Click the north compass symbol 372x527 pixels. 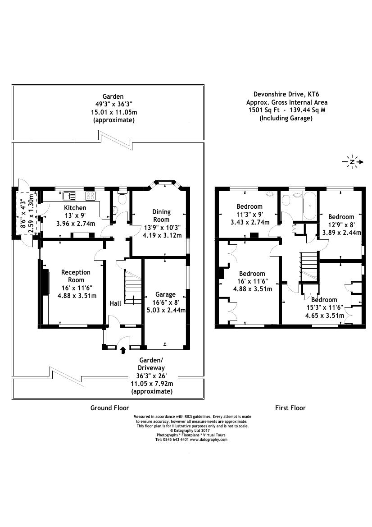point(352,162)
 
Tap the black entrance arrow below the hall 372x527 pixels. point(123,349)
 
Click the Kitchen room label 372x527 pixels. point(75,208)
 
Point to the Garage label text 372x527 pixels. point(165,294)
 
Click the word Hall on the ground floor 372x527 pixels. point(115,304)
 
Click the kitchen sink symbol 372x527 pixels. point(70,196)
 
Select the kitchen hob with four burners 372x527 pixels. point(90,196)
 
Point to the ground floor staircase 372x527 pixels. point(132,288)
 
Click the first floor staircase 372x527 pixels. point(309,266)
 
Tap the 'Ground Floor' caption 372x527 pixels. point(110,408)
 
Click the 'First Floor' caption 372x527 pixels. point(290,408)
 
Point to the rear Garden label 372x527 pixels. point(113,96)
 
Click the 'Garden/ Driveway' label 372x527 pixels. point(151,364)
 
